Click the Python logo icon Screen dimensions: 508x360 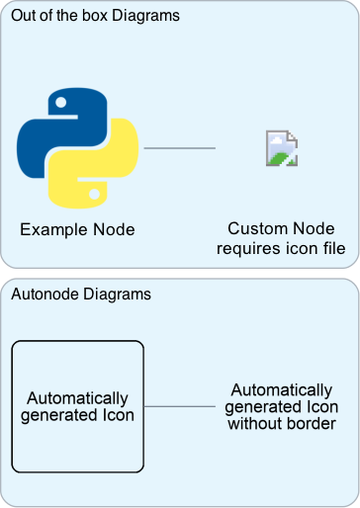pos(77,149)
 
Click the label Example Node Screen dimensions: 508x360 pos(77,229)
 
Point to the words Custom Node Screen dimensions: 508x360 pos(281,228)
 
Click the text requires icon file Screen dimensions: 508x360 pos(281,248)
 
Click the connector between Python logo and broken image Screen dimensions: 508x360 pos(179,149)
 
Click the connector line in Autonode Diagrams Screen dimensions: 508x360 pos(179,406)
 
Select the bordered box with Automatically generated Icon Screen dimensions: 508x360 pos(77,405)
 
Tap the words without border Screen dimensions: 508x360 pos(281,425)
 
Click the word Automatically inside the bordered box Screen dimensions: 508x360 pos(77,397)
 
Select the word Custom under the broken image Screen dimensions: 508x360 pos(254,228)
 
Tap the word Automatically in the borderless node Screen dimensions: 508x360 pos(281,389)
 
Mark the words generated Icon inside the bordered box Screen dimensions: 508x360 pos(77,415)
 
